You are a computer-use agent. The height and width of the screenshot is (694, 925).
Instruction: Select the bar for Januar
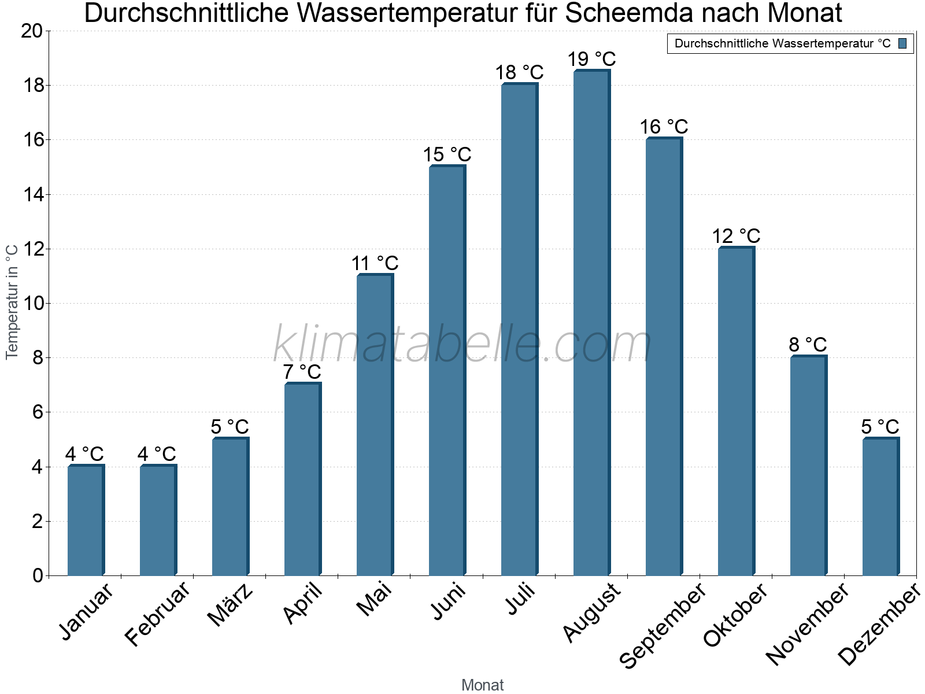[86, 520]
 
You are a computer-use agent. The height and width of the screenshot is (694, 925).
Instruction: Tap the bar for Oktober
[736, 411]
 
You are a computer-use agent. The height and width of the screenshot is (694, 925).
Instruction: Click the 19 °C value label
[591, 59]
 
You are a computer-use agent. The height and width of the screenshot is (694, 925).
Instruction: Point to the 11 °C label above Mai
[375, 263]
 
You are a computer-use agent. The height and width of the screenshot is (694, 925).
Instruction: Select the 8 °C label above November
[808, 345]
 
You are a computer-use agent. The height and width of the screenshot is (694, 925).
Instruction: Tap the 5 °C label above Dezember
[880, 427]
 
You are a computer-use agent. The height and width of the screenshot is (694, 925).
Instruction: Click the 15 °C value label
[447, 154]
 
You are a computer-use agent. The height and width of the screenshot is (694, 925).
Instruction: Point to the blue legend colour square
[902, 43]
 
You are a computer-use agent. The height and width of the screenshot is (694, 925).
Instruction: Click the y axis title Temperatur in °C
[12, 301]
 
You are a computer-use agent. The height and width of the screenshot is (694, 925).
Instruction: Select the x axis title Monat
[483, 685]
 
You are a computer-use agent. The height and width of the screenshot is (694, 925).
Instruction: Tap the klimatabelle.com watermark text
[462, 344]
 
